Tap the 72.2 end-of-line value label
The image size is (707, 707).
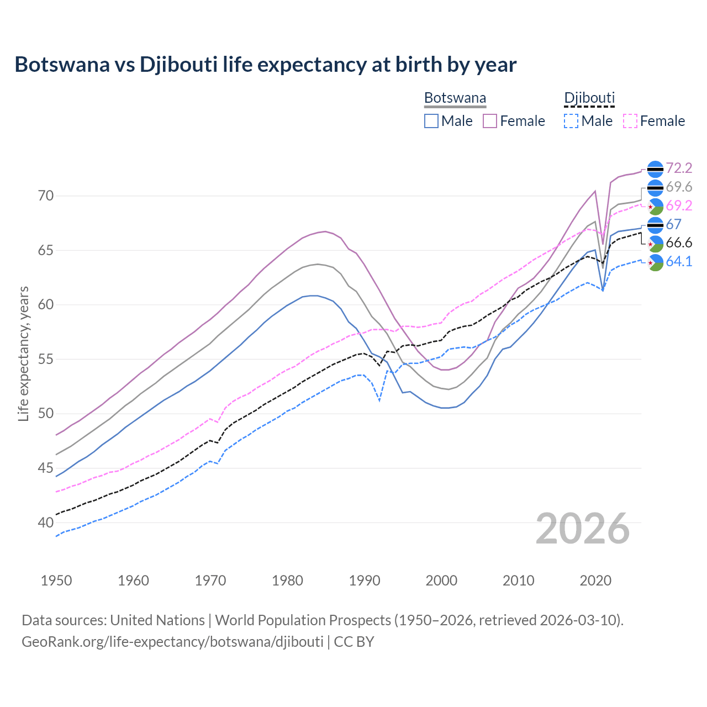point(679,168)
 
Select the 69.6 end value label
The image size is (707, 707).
point(679,187)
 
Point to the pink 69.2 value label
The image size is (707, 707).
point(679,205)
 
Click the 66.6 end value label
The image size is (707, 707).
point(679,243)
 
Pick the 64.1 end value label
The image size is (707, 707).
point(679,262)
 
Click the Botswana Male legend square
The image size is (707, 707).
point(431,121)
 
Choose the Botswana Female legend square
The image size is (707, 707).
point(490,121)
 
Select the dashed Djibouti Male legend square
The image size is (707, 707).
point(571,121)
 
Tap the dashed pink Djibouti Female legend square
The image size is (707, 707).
point(630,121)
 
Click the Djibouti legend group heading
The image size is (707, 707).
point(589,98)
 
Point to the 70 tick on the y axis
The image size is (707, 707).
point(46,196)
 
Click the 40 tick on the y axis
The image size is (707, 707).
point(46,523)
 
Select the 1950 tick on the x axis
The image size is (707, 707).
point(56,581)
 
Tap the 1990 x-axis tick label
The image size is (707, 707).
point(365,581)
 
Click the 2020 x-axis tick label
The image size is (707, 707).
point(595,581)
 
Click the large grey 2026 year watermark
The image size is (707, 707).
point(583,529)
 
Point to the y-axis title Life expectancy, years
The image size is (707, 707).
point(24,353)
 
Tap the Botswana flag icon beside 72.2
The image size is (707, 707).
point(655,168)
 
